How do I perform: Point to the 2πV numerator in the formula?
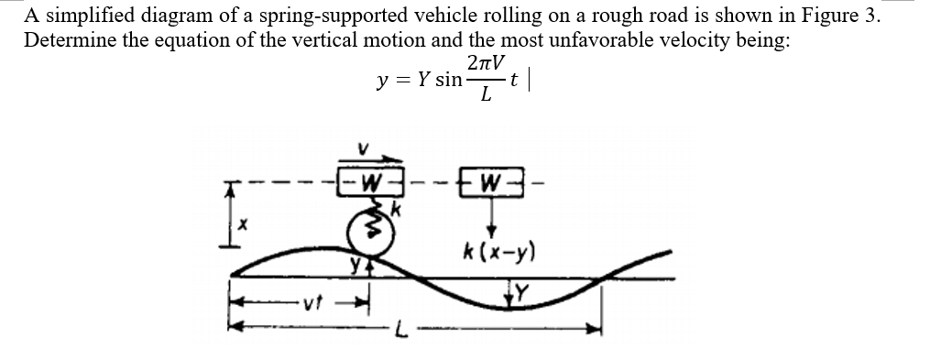click(485, 64)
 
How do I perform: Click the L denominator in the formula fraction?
click(485, 95)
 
